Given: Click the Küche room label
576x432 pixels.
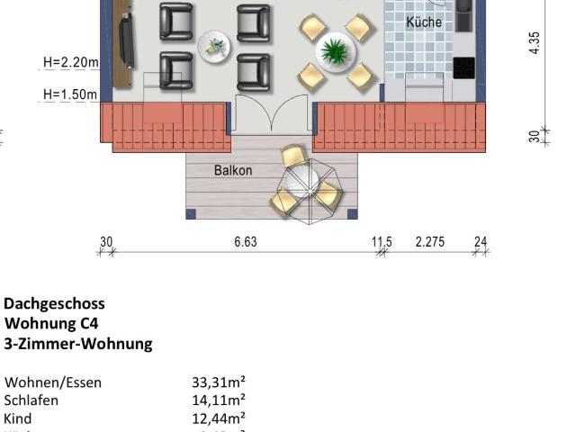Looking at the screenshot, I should [x=424, y=22].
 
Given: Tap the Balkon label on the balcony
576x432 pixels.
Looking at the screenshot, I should [x=233, y=170].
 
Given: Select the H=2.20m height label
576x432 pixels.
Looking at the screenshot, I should [x=70, y=63].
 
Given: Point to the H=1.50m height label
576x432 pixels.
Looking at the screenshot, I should [x=70, y=94].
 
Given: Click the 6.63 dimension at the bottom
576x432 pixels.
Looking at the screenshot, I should [x=245, y=242].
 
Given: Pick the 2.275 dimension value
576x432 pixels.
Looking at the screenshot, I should [x=429, y=242].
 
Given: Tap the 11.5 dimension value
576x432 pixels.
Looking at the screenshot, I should [x=382, y=242].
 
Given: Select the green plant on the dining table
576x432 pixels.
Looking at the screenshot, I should [x=335, y=49].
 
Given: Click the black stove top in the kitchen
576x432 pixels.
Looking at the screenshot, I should [x=463, y=67].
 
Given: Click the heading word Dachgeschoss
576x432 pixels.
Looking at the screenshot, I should [x=54, y=304].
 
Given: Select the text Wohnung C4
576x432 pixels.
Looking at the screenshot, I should [x=51, y=324].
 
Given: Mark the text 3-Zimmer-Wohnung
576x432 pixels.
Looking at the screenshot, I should [x=78, y=344].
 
